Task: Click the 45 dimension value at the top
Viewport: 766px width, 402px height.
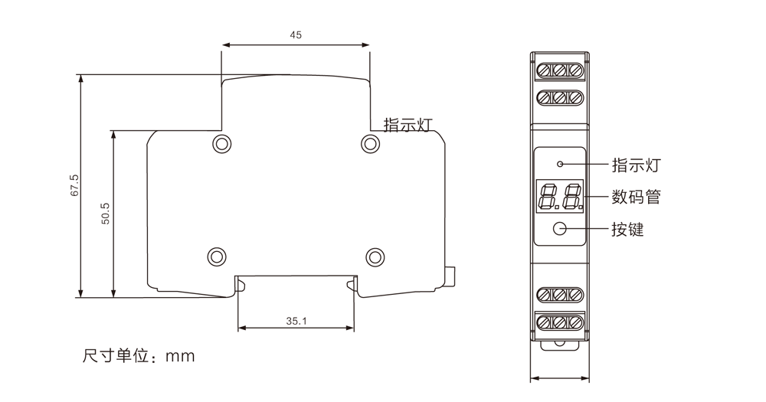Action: point(296,35)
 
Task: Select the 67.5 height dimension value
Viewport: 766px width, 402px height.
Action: point(75,185)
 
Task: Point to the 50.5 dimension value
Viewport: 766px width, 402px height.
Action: point(106,214)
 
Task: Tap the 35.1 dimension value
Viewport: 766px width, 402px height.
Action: point(296,321)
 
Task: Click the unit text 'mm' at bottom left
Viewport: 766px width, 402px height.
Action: point(180,356)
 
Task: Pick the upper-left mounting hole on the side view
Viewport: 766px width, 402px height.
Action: point(222,144)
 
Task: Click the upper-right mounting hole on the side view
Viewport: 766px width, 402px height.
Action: point(370,144)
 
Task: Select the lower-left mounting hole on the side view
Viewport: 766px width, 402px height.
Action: point(217,257)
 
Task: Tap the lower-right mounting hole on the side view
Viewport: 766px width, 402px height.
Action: point(375,257)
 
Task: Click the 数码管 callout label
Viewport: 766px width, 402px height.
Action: point(636,197)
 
